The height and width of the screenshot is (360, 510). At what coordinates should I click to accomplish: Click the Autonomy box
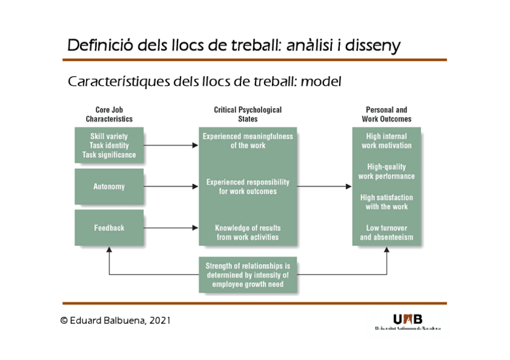(109, 186)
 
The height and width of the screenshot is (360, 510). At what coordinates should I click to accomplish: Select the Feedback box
(109, 228)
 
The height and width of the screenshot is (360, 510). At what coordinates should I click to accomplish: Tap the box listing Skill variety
(109, 145)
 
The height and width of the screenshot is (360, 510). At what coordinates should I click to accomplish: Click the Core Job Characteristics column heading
(109, 114)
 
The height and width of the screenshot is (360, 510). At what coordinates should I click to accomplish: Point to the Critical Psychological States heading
(248, 114)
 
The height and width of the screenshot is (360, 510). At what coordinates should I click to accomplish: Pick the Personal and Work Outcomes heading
(386, 114)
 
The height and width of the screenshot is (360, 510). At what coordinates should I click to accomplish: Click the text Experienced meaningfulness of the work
(248, 141)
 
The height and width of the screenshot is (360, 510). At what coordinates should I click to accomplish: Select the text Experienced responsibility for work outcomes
(248, 186)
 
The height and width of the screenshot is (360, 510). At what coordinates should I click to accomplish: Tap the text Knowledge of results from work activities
(248, 232)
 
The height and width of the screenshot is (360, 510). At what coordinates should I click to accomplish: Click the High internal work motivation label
(387, 141)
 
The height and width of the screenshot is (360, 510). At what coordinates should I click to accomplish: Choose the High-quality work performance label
(387, 171)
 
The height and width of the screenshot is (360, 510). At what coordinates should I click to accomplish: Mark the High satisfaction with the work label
(387, 202)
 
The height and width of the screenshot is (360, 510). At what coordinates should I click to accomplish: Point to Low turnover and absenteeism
(387, 233)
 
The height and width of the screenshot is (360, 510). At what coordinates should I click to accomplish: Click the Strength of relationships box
(248, 275)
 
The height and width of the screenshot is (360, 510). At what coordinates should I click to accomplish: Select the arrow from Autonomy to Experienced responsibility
(171, 186)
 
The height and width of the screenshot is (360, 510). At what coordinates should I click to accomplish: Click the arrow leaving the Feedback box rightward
(171, 228)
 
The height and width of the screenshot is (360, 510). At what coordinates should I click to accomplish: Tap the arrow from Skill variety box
(171, 145)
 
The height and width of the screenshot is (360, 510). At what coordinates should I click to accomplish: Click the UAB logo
(407, 321)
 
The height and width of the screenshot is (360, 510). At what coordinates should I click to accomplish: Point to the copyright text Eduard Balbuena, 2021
(116, 320)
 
